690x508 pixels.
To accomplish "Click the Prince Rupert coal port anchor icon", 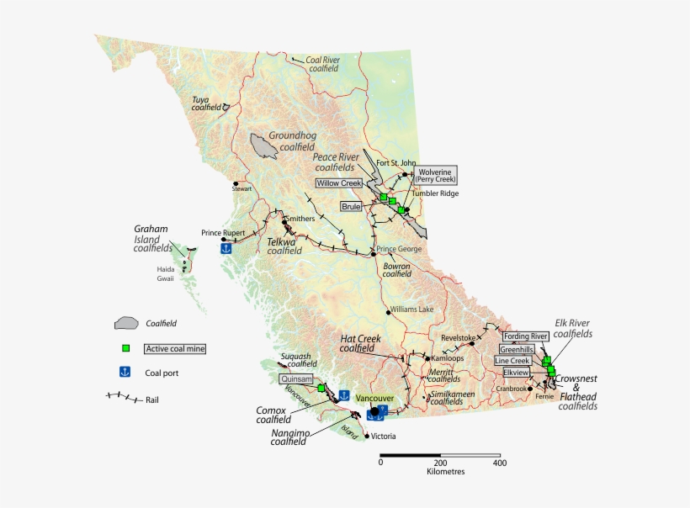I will pos(226,248).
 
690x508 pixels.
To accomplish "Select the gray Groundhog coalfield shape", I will pos(264,146).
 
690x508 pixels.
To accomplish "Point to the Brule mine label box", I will pos(351,205).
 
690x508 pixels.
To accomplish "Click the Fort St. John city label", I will pos(396,162).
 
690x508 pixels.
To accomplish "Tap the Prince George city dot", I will pos(373,253).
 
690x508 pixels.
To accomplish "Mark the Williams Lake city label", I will pos(412,310).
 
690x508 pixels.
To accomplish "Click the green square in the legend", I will pos(125,347).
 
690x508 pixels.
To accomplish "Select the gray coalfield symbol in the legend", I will pos(127,323).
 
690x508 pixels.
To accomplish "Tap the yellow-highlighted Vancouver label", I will pos(375,398).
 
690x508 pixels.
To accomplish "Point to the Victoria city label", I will pos(383,437).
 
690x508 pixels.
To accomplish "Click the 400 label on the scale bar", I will pos(499,462).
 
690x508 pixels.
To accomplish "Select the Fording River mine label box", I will pos(526,336).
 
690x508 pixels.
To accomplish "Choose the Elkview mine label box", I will pos(516,371).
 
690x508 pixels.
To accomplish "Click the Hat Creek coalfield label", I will pos(360,343).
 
